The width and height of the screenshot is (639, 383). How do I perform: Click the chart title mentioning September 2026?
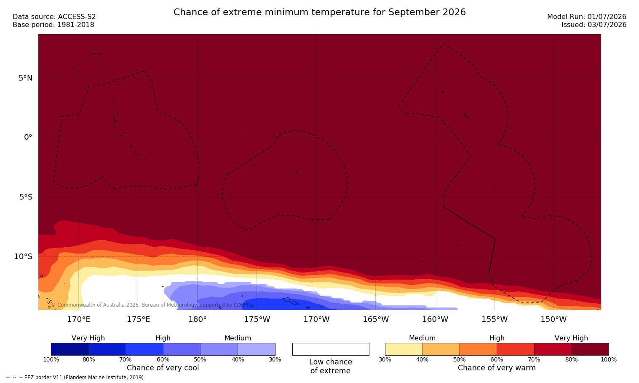[319, 12]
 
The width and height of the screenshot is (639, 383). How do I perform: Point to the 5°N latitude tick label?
[26, 78]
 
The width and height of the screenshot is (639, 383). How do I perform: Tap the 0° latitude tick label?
[28, 138]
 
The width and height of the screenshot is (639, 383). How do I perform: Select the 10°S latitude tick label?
[24, 256]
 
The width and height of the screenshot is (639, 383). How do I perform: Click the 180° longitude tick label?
[198, 319]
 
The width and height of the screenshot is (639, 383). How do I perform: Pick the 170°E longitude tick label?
[79, 319]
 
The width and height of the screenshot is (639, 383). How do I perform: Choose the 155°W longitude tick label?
[495, 319]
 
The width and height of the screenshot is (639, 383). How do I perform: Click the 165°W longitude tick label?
[376, 319]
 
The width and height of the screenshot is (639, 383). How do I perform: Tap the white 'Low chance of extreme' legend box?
[331, 349]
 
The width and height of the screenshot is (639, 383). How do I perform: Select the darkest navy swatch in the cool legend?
[70, 349]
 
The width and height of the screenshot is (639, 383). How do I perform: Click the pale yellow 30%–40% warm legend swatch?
[404, 349]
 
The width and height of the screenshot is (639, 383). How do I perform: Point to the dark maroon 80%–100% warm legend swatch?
[590, 349]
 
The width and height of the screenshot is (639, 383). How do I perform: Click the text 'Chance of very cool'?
[163, 368]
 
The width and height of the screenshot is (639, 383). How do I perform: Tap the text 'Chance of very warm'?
[497, 368]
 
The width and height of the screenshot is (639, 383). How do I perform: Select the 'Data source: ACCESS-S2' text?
[54, 17]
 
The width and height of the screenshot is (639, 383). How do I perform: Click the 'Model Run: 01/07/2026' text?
[587, 17]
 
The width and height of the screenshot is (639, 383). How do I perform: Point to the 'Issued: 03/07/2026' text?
[594, 25]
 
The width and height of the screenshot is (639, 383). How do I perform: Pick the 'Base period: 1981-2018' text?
[53, 25]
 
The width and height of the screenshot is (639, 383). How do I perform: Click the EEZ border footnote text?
[75, 378]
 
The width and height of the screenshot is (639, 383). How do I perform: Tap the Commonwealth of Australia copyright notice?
[153, 305]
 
